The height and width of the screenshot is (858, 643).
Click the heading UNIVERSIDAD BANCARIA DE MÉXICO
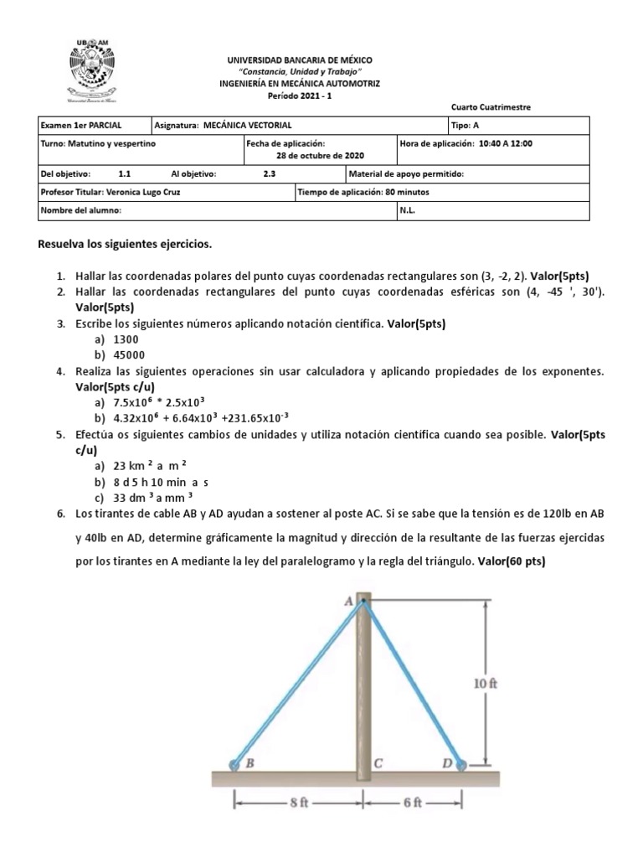(x=300, y=60)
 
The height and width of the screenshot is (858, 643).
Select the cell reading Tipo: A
(x=466, y=125)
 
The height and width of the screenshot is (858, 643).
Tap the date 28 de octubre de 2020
(x=320, y=156)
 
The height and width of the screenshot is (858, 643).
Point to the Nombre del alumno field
(x=81, y=211)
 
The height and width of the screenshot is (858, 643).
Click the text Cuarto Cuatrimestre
(x=490, y=107)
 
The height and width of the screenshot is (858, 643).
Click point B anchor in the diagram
(x=234, y=763)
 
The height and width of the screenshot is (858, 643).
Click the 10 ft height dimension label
(x=486, y=683)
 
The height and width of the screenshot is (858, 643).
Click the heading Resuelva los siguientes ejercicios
(x=126, y=245)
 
